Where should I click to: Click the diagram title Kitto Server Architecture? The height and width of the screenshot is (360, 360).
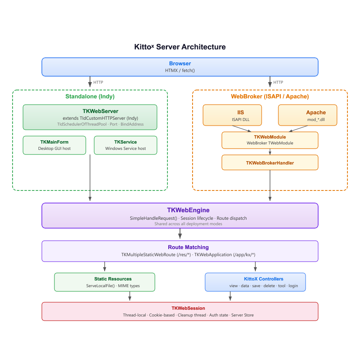180,47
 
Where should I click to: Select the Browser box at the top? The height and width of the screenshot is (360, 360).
180,67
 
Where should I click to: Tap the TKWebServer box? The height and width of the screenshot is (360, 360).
90,117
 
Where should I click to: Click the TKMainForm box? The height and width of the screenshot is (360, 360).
54,145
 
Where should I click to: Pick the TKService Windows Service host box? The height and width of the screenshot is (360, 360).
126,145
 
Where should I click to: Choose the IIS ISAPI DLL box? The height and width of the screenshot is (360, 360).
232,115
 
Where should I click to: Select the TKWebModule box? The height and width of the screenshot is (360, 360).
270,140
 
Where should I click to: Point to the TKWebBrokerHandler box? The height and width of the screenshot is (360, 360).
270,162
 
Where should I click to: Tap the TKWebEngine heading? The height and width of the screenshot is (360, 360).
180,210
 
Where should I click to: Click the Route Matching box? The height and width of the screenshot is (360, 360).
180,251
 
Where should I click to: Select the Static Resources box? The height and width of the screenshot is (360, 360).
105,282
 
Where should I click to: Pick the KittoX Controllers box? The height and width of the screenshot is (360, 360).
255,282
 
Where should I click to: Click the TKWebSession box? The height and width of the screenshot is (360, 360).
180,311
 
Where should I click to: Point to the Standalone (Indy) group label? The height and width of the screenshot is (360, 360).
90,96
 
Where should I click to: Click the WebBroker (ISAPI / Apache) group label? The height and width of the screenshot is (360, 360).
270,96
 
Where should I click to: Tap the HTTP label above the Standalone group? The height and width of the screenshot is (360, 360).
98,82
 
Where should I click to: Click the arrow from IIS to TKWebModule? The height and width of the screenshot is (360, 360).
243,129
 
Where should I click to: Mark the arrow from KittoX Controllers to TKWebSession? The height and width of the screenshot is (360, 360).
230,296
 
